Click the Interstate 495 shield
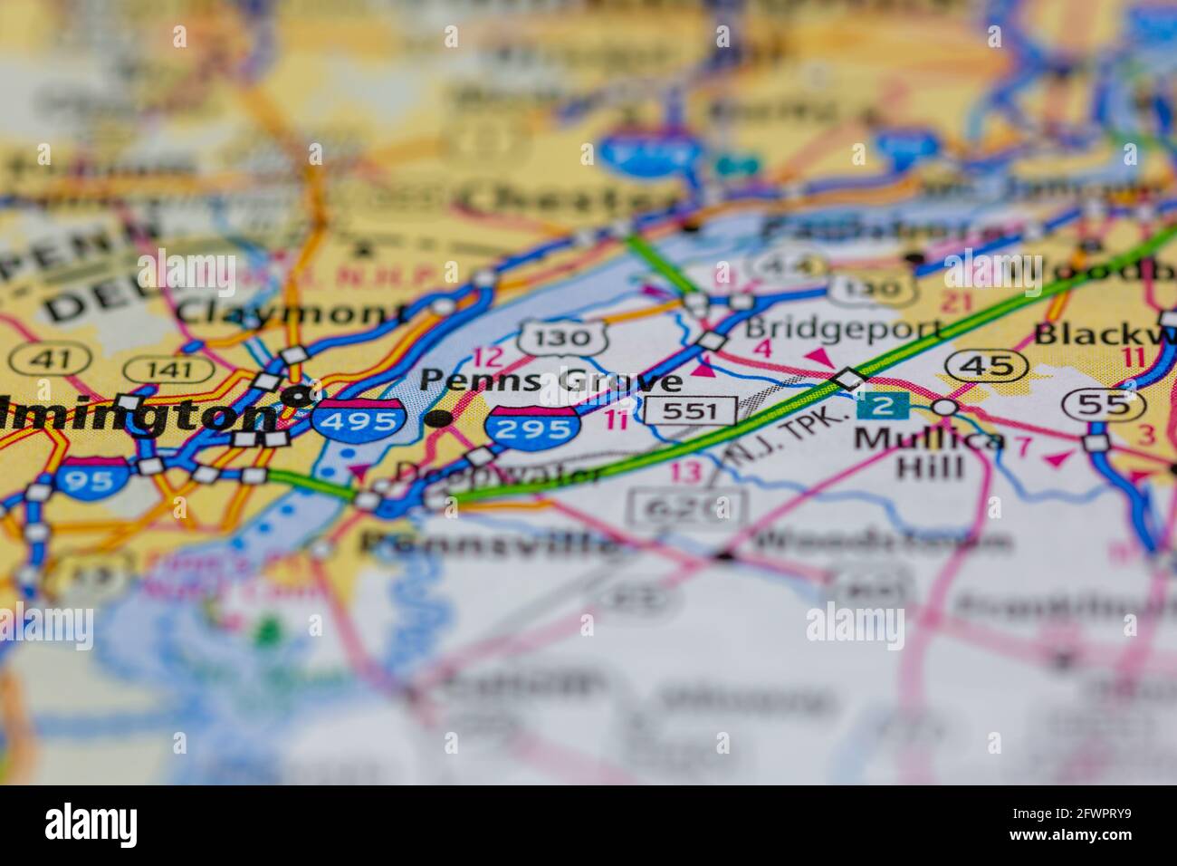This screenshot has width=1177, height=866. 359,421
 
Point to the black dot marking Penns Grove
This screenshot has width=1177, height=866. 439,418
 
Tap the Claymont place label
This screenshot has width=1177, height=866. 292,313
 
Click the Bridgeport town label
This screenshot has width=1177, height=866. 843,328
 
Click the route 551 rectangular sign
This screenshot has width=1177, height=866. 691,411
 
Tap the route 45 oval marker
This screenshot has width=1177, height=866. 986,366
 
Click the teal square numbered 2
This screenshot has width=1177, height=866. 882,406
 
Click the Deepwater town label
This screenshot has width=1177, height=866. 499,474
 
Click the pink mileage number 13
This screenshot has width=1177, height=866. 686,471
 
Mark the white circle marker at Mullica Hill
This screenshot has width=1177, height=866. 945,408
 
